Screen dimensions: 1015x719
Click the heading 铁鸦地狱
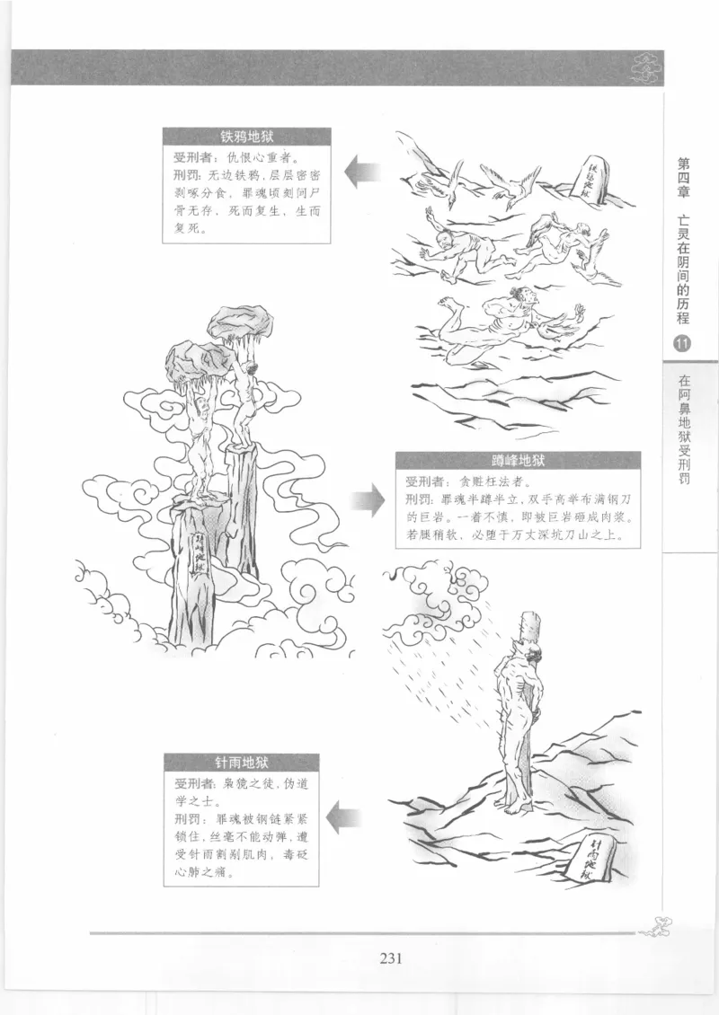[246, 138]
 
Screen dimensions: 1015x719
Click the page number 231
[389, 957]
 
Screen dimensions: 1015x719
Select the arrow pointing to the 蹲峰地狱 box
[367, 498]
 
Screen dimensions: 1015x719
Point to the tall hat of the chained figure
[527, 628]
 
